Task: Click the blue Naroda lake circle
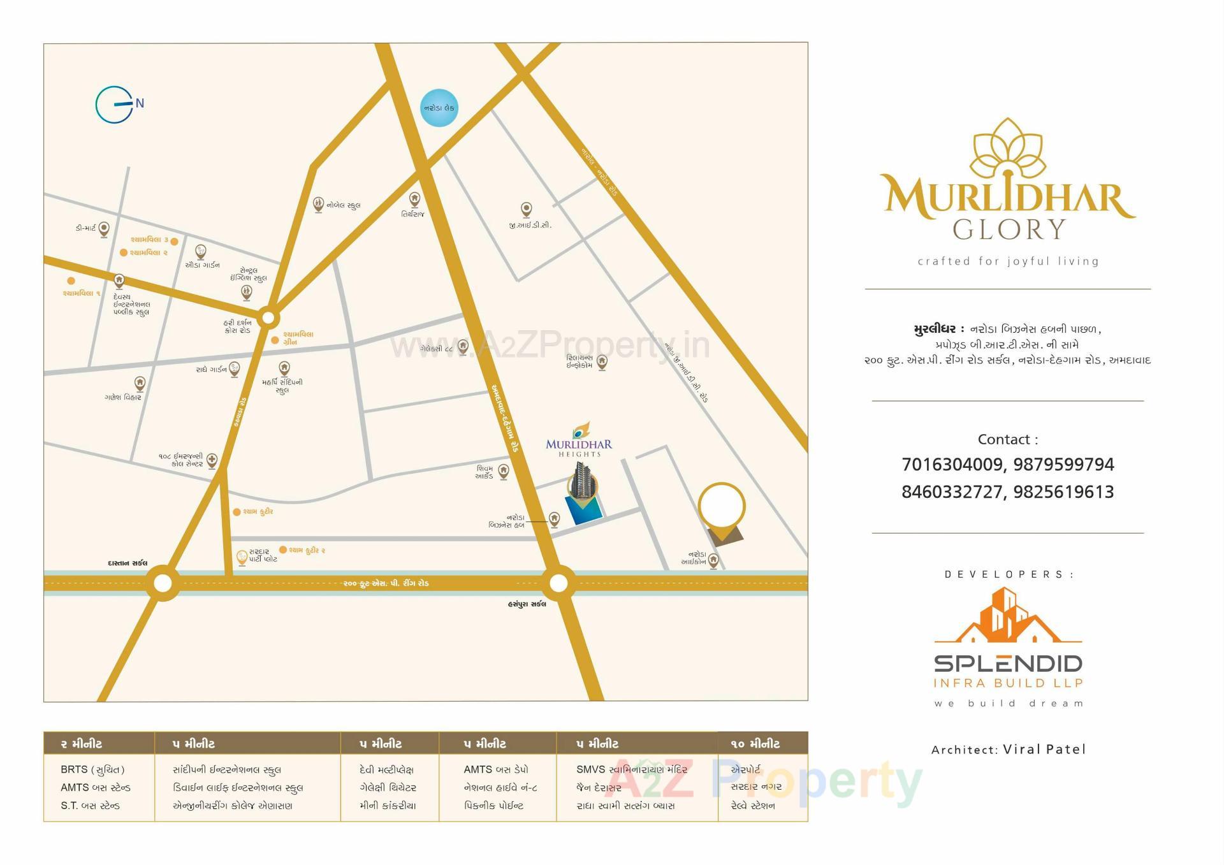439,108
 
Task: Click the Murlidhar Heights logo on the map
579,440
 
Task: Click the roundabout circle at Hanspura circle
558,583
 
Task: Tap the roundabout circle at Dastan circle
163,583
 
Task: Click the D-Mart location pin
104,229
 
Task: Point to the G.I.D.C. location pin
526,209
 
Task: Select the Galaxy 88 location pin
463,347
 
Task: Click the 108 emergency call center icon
212,460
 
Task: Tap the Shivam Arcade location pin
503,471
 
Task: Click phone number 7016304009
952,465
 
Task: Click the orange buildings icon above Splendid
1008,616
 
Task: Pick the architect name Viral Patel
1044,749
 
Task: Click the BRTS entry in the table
92,769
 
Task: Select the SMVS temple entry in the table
631,769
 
